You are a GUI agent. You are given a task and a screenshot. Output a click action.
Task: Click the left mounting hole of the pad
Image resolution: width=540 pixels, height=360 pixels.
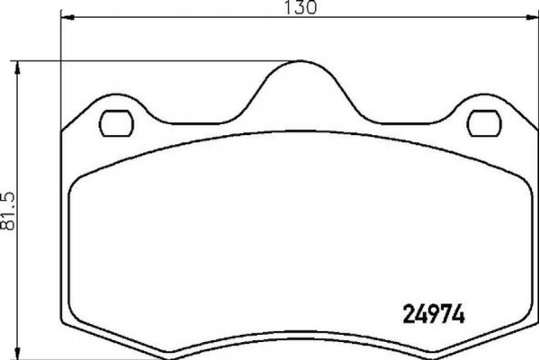tap(115, 121)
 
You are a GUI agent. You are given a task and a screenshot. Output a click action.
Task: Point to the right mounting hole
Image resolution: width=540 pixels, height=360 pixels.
tap(488, 121)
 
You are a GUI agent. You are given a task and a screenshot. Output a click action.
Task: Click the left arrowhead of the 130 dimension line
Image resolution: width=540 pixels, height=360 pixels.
tap(65, 19)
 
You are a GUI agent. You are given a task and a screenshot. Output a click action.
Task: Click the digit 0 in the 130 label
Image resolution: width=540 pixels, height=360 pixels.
tap(312, 8)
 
